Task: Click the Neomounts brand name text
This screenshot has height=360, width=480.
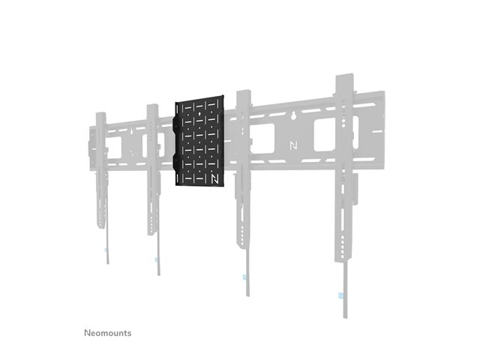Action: tap(108, 333)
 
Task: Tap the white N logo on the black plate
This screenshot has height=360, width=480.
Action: tap(214, 179)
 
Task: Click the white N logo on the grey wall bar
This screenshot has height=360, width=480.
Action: tap(293, 145)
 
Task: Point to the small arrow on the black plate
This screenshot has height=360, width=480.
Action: tap(199, 114)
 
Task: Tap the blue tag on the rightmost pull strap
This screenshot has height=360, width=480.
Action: tap(341, 295)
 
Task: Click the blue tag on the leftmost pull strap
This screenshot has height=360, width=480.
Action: tap(106, 250)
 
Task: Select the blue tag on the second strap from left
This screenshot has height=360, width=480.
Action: tap(157, 260)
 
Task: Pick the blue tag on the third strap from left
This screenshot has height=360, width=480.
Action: tap(244, 277)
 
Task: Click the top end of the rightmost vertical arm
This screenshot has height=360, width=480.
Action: tap(345, 74)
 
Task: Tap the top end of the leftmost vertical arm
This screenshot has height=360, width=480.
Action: tap(101, 113)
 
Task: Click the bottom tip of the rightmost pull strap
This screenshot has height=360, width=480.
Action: tap(345, 318)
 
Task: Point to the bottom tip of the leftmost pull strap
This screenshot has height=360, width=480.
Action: tap(108, 263)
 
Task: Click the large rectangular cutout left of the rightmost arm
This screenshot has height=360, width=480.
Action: tap(325, 136)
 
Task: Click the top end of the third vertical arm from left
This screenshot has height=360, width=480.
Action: tap(244, 91)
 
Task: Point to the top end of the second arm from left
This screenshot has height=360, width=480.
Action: tap(152, 106)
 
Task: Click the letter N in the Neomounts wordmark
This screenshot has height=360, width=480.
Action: tap(87, 333)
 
